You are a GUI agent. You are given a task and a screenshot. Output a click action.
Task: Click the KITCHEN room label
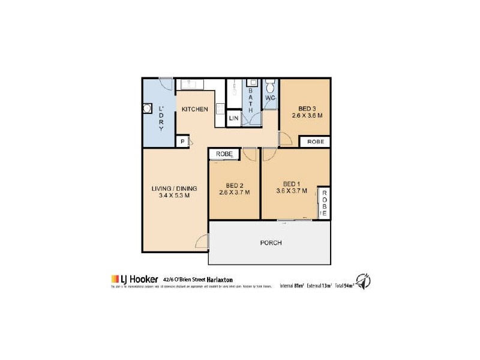click(195, 109)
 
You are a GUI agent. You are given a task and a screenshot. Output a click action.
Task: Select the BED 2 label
click(234, 185)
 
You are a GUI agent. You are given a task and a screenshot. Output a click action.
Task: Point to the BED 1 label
click(292, 184)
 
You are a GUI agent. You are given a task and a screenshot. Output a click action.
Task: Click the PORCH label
click(271, 243)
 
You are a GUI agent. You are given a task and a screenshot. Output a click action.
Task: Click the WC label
click(270, 98)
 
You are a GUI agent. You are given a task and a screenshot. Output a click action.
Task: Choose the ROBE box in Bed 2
click(224, 154)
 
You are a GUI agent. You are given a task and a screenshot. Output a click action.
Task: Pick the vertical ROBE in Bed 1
click(324, 202)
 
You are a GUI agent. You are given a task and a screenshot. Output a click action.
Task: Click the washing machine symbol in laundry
click(148, 109)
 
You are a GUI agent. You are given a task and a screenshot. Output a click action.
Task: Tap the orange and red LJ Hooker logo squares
click(115, 279)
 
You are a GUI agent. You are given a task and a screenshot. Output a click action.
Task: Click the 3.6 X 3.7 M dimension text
click(292, 191)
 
